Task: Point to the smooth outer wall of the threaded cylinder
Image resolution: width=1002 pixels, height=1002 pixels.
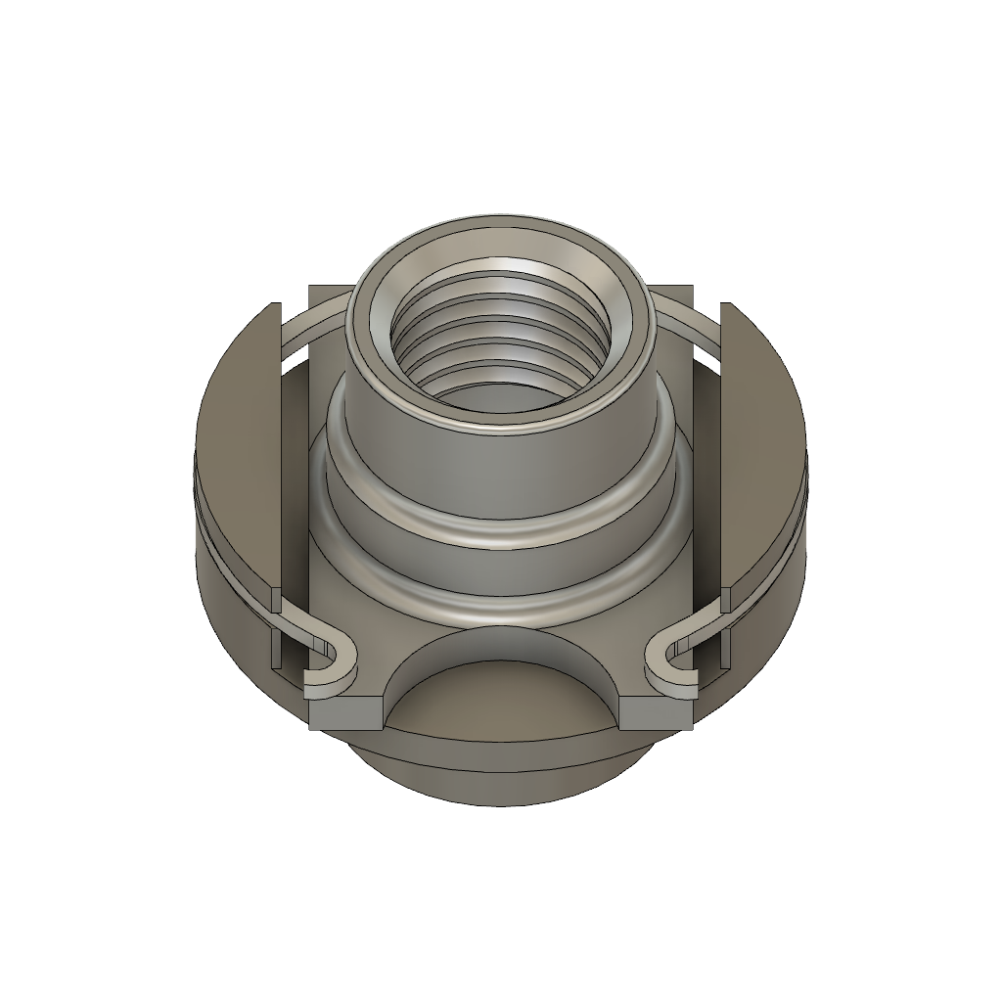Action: point(499,470)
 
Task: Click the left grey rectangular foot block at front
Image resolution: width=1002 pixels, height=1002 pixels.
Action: point(345,713)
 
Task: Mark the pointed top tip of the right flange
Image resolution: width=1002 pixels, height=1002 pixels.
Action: point(726,305)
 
